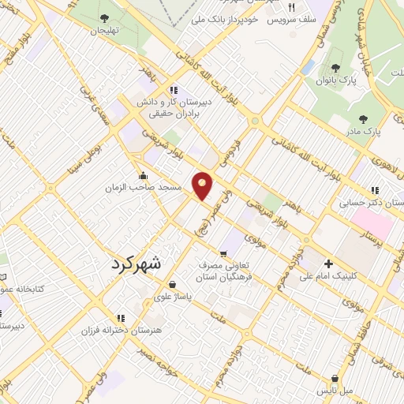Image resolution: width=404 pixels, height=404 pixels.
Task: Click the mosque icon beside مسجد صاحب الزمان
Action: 143,176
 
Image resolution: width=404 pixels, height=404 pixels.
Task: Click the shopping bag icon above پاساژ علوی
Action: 171,285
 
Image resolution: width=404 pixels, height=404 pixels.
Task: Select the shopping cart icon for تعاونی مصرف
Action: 223,253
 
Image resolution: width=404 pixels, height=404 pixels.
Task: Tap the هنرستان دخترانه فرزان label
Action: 122,329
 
